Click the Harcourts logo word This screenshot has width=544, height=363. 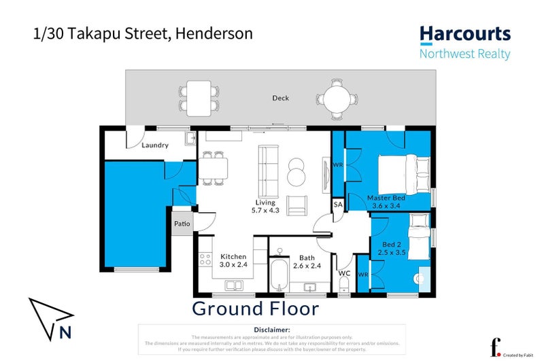[464, 34]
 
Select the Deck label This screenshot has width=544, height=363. [280, 98]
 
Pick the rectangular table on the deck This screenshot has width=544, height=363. [199, 97]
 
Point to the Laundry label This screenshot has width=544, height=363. [155, 145]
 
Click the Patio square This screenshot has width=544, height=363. [182, 224]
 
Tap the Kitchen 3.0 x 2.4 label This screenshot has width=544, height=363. [233, 261]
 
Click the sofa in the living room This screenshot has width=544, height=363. [267, 169]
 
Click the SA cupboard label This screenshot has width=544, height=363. [337, 204]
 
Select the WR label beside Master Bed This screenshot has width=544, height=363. [337, 164]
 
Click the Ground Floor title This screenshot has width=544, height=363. [255, 309]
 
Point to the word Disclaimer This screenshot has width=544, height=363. [271, 330]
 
